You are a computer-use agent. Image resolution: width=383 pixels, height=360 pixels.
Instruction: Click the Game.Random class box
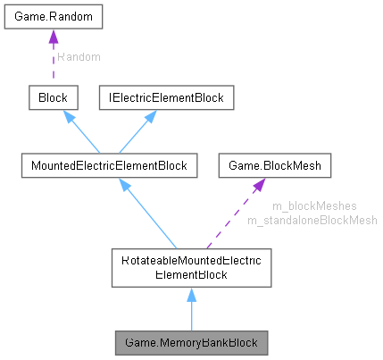53,17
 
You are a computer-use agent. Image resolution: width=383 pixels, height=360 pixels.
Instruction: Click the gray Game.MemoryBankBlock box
190,342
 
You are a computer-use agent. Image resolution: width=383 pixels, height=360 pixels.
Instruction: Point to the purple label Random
78,56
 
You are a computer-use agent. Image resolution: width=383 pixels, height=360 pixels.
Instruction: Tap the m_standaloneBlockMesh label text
312,219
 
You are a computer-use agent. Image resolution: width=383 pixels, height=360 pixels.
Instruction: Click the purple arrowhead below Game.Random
53,37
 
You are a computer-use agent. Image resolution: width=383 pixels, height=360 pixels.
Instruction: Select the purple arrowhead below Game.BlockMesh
257,185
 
